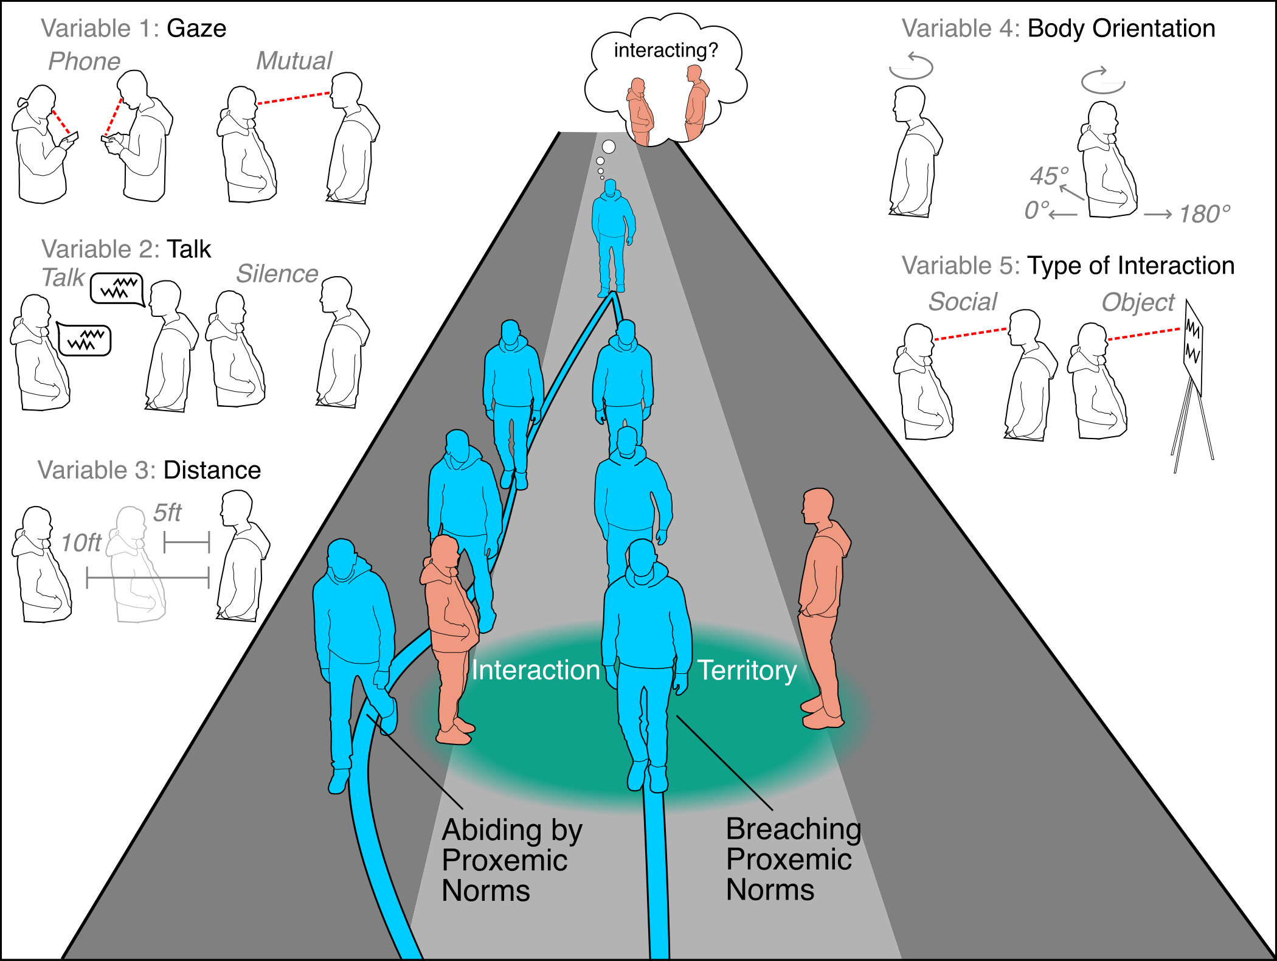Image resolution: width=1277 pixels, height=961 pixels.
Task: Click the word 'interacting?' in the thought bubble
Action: click(x=666, y=50)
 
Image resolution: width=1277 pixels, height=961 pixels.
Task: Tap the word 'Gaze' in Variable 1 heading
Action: click(x=196, y=29)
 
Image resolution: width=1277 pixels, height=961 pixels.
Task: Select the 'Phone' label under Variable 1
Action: click(x=85, y=61)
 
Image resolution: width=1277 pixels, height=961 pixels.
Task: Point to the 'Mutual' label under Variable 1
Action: click(x=294, y=61)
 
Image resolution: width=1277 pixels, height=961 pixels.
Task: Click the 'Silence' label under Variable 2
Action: click(x=277, y=274)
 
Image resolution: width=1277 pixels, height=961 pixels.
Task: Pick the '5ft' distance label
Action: click(x=167, y=513)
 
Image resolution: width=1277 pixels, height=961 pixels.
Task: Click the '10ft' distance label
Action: click(x=81, y=543)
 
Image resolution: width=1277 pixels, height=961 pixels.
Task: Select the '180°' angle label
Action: click(x=1205, y=214)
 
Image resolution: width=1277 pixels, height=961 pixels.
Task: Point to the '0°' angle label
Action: click(x=1037, y=210)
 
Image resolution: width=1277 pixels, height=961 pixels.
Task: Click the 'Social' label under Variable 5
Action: click(x=963, y=302)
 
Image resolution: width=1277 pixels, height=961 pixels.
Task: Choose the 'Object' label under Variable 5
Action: click(x=1138, y=302)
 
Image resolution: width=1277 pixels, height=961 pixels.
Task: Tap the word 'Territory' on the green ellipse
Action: click(x=747, y=670)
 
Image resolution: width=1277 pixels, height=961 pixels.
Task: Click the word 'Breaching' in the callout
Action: click(x=794, y=828)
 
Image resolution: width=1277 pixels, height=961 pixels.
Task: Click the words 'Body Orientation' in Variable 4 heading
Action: click(x=1121, y=29)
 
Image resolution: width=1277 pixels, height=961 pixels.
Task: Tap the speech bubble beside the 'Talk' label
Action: click(x=117, y=288)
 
